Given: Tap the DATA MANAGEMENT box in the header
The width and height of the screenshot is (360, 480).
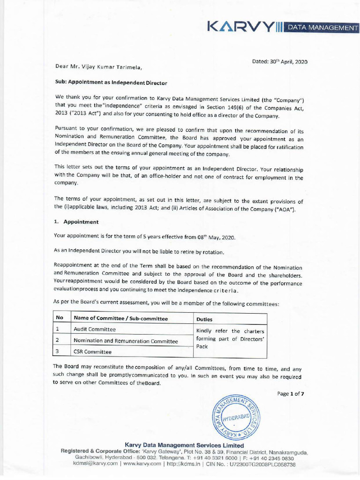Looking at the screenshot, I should point(322,28).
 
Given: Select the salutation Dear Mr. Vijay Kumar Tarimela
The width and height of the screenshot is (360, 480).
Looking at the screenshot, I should point(98,67).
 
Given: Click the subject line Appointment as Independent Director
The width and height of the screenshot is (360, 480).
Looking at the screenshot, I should point(111,82).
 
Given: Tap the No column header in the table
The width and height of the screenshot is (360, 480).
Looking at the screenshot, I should point(60,318).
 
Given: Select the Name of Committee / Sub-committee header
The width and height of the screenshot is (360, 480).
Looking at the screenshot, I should point(120,318).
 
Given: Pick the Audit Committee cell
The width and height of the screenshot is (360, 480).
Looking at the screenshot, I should point(95,330).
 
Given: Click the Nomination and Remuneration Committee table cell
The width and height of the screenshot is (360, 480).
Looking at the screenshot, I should point(126,341).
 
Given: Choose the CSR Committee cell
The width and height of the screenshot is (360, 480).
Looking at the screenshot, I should point(93,352).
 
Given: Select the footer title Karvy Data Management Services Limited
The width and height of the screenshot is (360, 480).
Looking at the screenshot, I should point(184,445).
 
